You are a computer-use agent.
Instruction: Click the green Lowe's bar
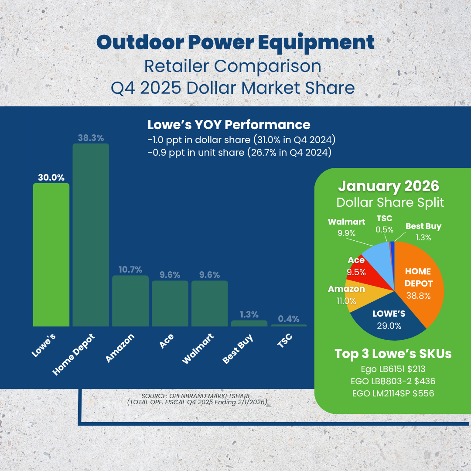tap(51, 255)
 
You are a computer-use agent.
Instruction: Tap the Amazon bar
tap(130, 301)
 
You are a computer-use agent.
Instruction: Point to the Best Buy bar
tap(249, 323)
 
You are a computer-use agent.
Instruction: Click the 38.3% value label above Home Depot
tap(91, 138)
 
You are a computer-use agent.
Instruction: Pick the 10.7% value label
tap(130, 270)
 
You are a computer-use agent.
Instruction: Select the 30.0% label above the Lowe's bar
tap(51, 177)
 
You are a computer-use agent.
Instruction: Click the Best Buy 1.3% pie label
tap(423, 232)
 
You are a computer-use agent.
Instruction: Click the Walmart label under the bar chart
tap(198, 349)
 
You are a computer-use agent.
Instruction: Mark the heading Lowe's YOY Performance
tap(229, 125)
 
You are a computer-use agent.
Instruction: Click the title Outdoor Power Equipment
tap(235, 42)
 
